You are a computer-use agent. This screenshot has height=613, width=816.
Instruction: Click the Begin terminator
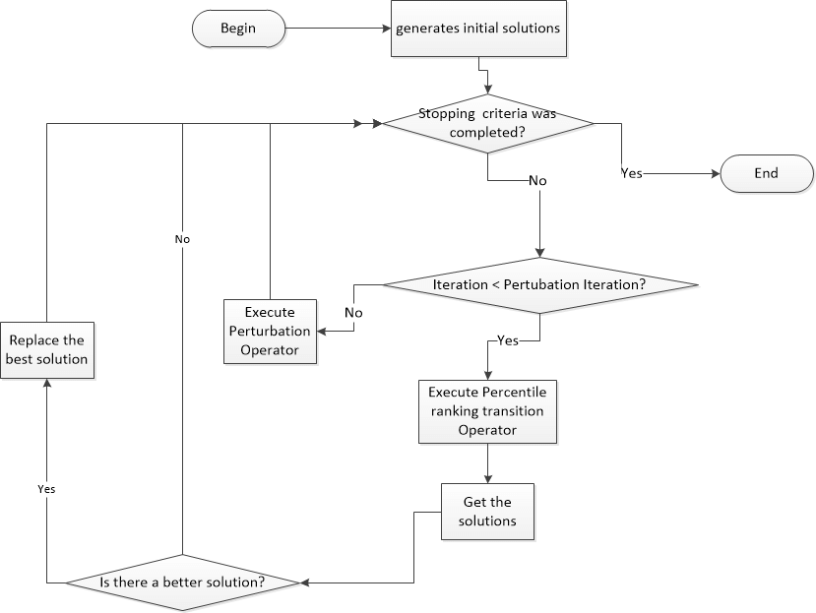(237, 29)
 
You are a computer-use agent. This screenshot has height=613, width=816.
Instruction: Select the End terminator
(767, 173)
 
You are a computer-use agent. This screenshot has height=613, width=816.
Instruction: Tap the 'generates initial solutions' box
(478, 29)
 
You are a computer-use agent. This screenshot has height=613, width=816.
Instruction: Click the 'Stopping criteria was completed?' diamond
(488, 123)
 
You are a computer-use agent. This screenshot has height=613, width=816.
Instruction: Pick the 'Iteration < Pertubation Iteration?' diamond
(539, 285)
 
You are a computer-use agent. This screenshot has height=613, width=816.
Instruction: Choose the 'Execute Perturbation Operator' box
(270, 332)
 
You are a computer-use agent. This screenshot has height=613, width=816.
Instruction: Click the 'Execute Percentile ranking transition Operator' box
(488, 410)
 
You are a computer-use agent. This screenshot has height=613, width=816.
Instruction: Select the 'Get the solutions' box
(488, 511)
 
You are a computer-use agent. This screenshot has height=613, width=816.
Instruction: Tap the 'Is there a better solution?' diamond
(183, 582)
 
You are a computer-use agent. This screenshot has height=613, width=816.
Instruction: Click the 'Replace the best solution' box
(46, 349)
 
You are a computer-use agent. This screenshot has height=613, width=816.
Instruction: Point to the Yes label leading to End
(631, 173)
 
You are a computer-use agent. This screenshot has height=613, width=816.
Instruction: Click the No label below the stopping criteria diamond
(537, 181)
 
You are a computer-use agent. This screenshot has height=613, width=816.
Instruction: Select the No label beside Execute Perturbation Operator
(354, 312)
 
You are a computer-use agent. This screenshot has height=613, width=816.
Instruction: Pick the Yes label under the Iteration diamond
(508, 340)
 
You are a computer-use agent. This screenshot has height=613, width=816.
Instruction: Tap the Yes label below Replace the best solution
(46, 488)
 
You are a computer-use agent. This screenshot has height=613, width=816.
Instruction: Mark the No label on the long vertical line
(183, 238)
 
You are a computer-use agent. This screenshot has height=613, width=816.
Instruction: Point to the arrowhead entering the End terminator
(717, 173)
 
